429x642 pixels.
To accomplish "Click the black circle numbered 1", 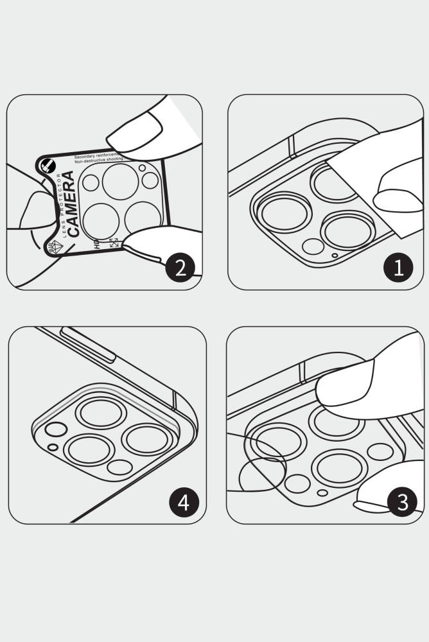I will (x=398, y=267).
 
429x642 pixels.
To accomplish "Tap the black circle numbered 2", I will (x=180, y=267).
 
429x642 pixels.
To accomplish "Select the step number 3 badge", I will (x=402, y=501).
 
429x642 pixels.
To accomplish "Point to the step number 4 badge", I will (x=184, y=501).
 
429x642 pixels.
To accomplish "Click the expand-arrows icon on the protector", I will (x=114, y=243).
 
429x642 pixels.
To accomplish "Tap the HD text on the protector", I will (x=97, y=244).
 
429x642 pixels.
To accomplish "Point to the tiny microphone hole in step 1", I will (x=335, y=255).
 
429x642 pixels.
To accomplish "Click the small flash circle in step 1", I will (x=313, y=246).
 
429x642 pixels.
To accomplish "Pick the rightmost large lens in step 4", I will (x=147, y=438).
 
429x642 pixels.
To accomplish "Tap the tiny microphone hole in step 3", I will (x=323, y=493).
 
